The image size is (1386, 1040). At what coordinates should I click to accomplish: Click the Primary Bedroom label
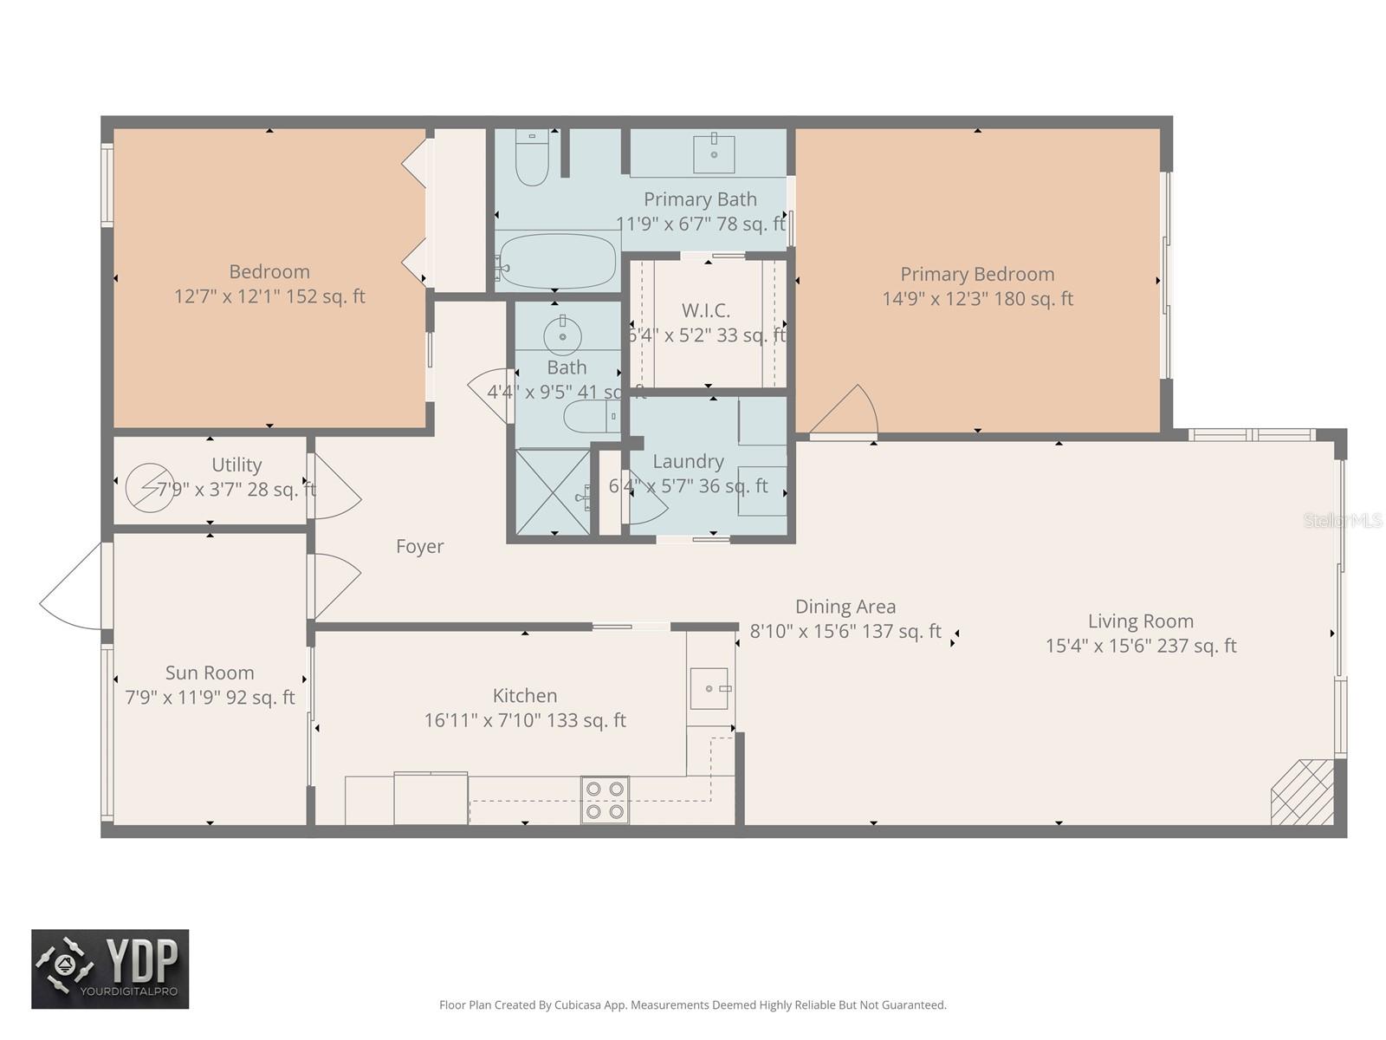(977, 274)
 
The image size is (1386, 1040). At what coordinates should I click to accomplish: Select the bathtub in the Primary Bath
(558, 261)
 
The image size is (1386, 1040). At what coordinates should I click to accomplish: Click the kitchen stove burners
(605, 800)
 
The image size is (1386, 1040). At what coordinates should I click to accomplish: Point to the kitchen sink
(709, 688)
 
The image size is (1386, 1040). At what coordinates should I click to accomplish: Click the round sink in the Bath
(562, 332)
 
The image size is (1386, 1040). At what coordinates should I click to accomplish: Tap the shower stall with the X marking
(553, 491)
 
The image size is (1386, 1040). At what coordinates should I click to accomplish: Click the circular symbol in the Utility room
(149, 487)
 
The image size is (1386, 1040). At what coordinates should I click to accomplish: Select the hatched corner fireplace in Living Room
(1302, 792)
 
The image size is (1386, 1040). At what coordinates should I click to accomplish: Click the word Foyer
(419, 546)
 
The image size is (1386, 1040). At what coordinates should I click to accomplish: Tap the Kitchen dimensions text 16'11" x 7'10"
(525, 720)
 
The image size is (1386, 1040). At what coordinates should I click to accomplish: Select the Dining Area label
(845, 607)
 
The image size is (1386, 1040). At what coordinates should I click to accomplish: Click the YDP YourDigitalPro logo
(110, 969)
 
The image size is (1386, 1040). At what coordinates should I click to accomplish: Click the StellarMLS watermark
(1343, 520)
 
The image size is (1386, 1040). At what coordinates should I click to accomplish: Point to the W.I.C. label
(705, 310)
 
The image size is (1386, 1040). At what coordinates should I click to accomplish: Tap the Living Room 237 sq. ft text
(1141, 646)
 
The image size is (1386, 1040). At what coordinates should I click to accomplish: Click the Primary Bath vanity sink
(714, 154)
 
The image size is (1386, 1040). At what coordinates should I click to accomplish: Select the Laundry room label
(688, 461)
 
